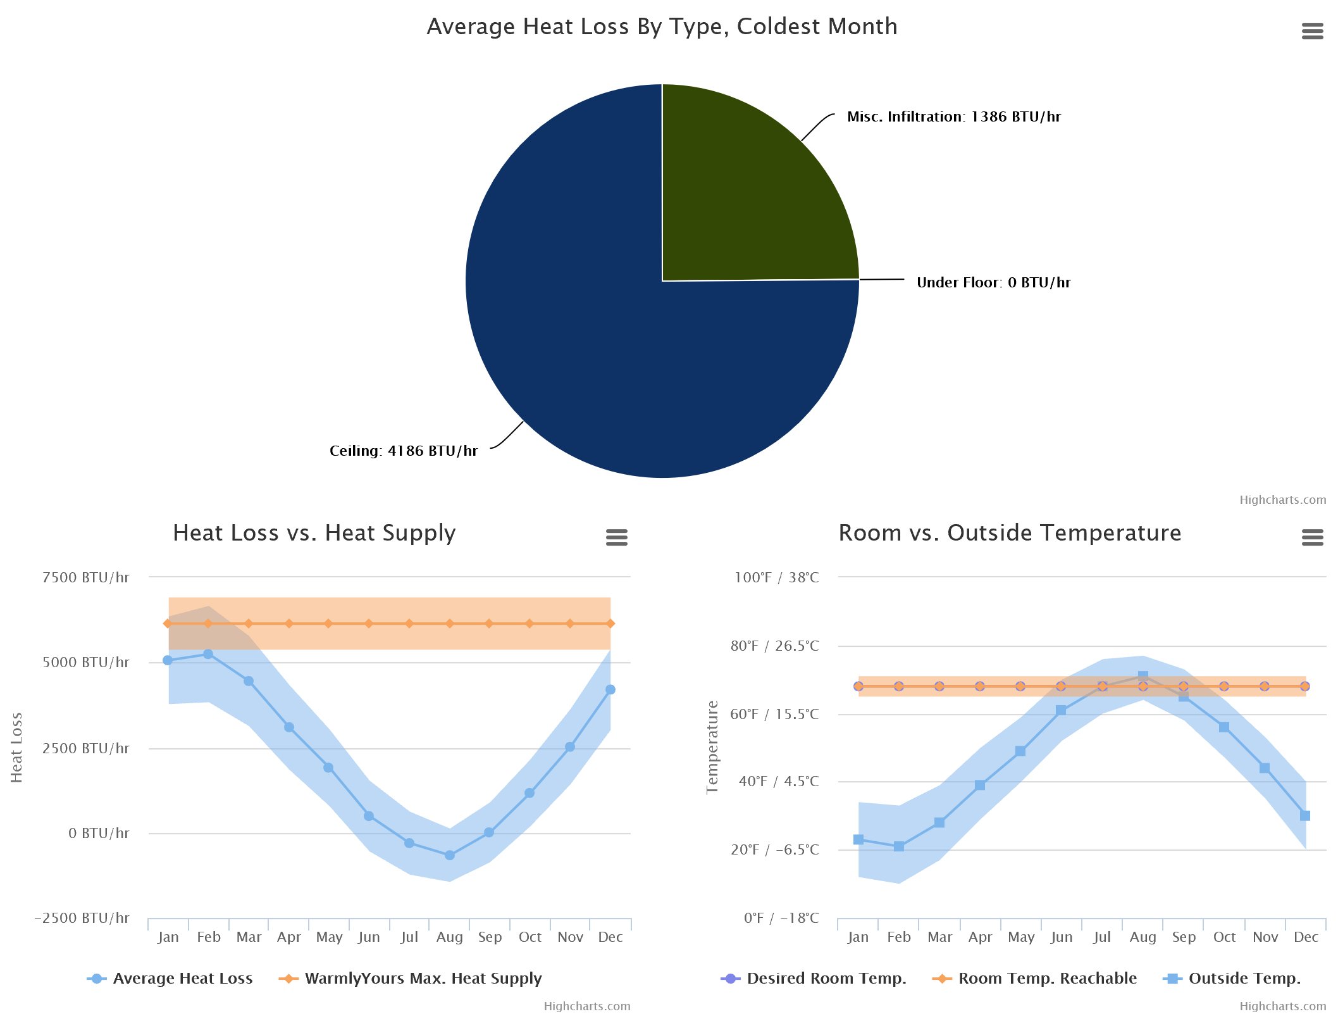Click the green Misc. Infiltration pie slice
pyautogui.click(x=746, y=190)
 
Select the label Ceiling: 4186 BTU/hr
pyautogui.click(x=403, y=451)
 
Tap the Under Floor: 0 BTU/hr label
pyautogui.click(x=993, y=282)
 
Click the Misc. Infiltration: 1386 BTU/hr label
pyautogui.click(x=953, y=116)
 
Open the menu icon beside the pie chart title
pyautogui.click(x=1312, y=31)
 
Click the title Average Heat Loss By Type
pyautogui.click(x=662, y=27)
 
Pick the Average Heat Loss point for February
pyautogui.click(x=208, y=654)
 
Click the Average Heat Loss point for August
pyautogui.click(x=449, y=855)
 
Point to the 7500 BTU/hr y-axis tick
pyautogui.click(x=85, y=577)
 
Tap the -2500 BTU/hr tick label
pyautogui.click(x=82, y=918)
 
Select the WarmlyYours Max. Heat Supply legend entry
pyautogui.click(x=423, y=978)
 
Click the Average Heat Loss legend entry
pyautogui.click(x=182, y=978)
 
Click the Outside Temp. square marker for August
pyautogui.click(x=1143, y=676)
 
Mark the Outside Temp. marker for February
pyautogui.click(x=898, y=846)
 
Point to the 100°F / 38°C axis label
pyautogui.click(x=776, y=577)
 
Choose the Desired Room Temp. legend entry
pyautogui.click(x=826, y=978)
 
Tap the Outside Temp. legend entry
pyautogui.click(x=1244, y=978)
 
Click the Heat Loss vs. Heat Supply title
pyautogui.click(x=314, y=533)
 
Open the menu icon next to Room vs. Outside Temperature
pyautogui.click(x=1312, y=537)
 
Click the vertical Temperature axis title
pyautogui.click(x=712, y=747)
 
